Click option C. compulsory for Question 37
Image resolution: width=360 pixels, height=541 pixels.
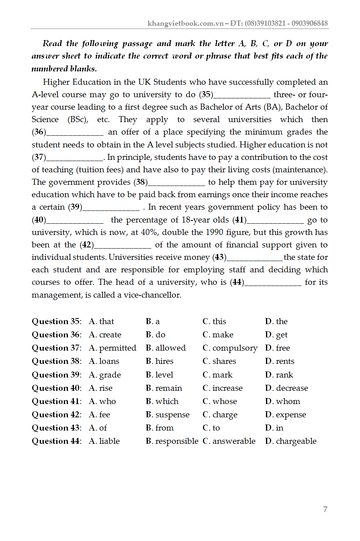(x=230, y=348)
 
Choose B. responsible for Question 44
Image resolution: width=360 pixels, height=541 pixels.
(x=172, y=441)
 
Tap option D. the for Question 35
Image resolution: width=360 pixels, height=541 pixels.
(x=276, y=322)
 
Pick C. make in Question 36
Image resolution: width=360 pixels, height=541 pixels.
(x=218, y=335)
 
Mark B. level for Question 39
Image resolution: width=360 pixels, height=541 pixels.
(x=160, y=375)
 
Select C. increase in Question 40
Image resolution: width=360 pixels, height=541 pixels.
(x=223, y=388)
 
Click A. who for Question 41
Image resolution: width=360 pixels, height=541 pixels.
(x=102, y=402)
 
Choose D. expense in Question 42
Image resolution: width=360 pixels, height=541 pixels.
(x=286, y=415)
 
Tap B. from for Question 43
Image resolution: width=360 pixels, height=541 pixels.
(x=160, y=428)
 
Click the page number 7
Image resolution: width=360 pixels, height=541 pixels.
(x=325, y=510)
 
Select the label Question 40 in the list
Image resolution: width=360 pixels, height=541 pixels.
(x=56, y=388)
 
